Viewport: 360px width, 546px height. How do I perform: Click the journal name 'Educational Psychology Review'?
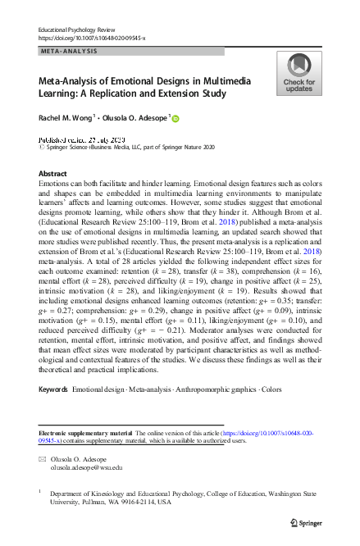(x=79, y=30)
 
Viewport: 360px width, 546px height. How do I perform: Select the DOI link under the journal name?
(x=92, y=39)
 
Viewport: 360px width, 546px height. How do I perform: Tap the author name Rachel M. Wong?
(x=66, y=118)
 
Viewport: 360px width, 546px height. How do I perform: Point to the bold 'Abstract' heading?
(x=53, y=175)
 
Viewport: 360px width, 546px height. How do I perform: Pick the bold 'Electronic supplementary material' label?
(x=89, y=432)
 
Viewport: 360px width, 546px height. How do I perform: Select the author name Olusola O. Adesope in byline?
(x=134, y=118)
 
